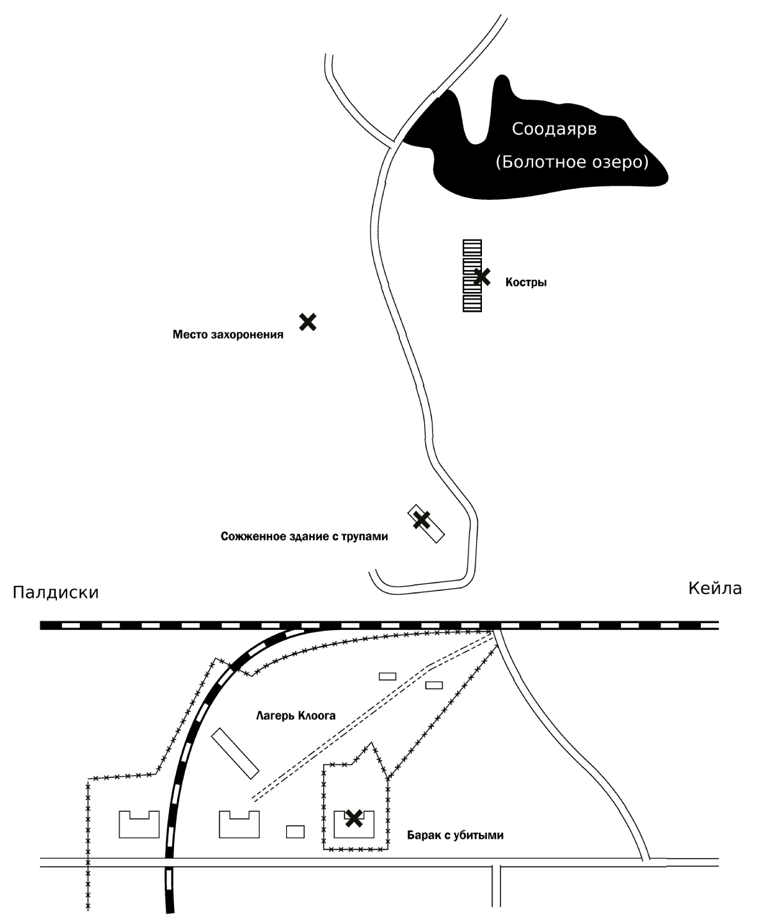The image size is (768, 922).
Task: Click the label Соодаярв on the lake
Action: coord(554,129)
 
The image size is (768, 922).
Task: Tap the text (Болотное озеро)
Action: coord(572,162)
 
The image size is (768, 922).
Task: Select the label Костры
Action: coord(526,282)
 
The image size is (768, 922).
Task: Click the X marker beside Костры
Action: coord(482,277)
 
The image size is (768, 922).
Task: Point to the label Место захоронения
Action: coord(228,334)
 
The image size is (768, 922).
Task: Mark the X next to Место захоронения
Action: coord(308,321)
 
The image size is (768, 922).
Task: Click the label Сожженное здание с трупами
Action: coord(304,537)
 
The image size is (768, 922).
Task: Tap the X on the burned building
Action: coord(420,520)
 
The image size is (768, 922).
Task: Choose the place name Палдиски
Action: coord(56,592)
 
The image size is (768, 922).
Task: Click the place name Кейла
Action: coord(715,588)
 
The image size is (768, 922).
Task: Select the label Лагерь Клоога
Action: coord(296,716)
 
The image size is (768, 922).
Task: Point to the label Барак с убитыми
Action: coord(455,835)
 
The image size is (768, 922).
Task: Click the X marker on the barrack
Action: coord(353,817)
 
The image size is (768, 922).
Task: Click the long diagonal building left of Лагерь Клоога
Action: coord(234,753)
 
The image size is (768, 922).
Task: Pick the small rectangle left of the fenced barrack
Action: coord(295,831)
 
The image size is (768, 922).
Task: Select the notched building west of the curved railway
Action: coord(139,826)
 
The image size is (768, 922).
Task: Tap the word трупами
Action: coord(364,537)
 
